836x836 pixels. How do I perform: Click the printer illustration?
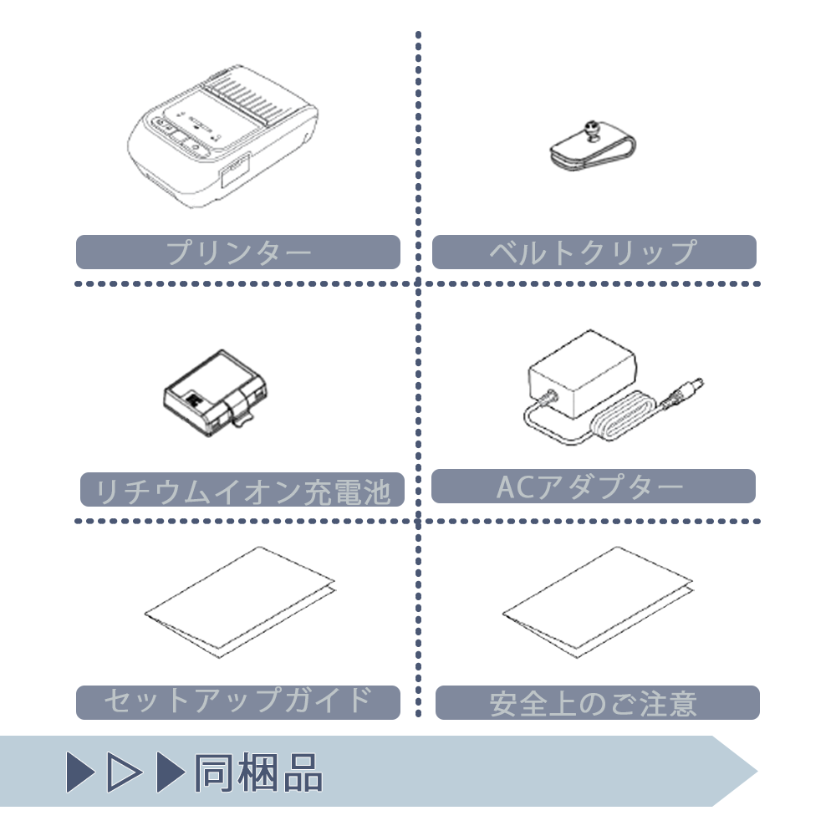point(222,137)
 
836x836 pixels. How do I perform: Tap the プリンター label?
point(238,252)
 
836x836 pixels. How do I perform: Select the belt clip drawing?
point(593,146)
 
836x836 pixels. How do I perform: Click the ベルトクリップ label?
point(594,252)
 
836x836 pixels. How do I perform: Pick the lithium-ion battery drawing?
point(215,393)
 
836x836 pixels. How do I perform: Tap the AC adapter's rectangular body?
point(582,373)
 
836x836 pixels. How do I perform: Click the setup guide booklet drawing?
point(240,602)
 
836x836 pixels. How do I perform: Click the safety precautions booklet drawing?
point(598,602)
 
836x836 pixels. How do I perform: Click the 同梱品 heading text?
point(258,772)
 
